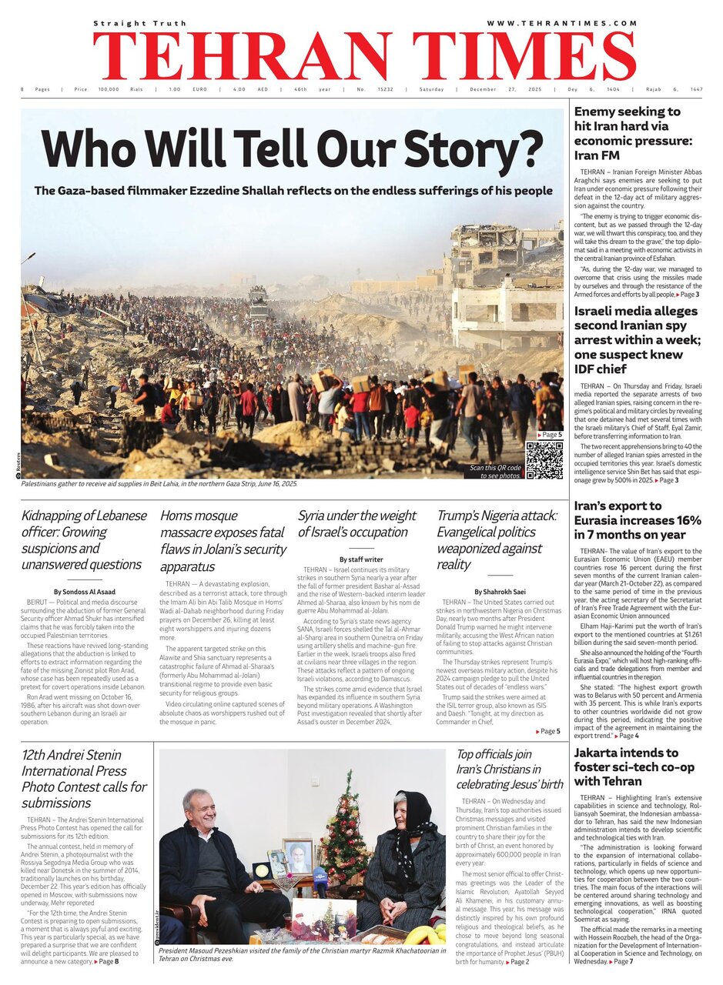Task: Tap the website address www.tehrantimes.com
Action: (x=562, y=23)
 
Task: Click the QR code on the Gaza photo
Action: (x=544, y=460)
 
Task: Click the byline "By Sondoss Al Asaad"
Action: (x=80, y=591)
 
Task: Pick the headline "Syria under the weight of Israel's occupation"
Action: (x=357, y=523)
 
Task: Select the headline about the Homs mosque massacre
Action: (x=222, y=540)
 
